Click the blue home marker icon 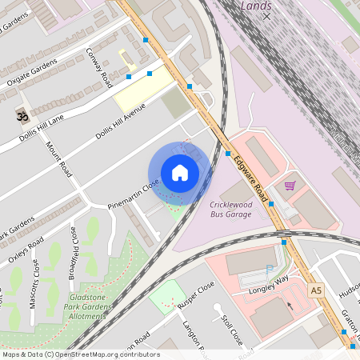coord(180,173)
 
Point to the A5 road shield coord(317,290)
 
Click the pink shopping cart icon coord(290,186)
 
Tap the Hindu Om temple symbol coord(21,117)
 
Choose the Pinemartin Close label coord(134,195)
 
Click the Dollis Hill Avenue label coord(121,123)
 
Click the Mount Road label coord(59,159)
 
